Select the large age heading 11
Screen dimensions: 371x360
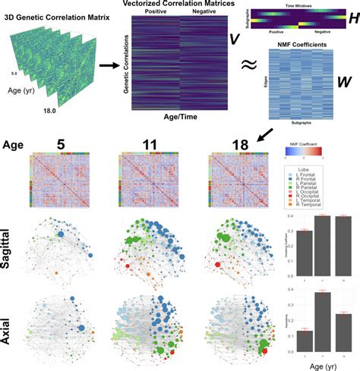pos(138,142)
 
